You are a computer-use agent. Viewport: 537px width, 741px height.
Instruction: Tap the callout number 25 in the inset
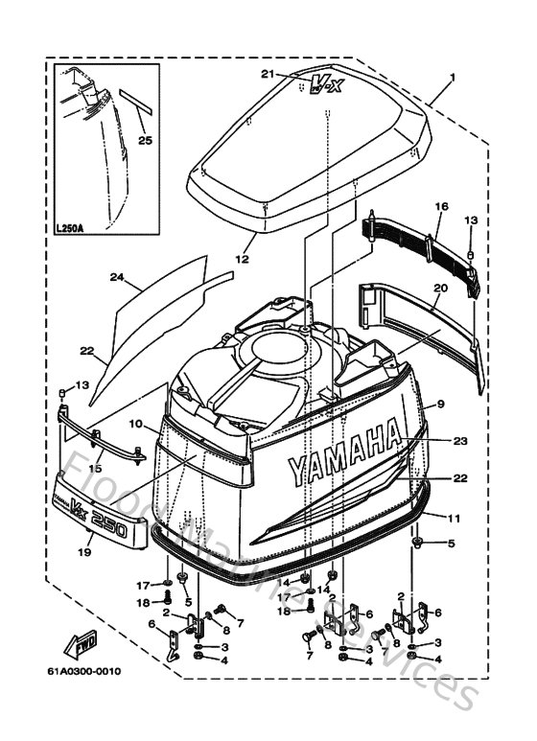(x=145, y=141)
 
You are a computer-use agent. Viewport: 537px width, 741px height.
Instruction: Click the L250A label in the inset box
(x=68, y=229)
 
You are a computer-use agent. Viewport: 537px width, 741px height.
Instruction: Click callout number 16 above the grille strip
(x=440, y=206)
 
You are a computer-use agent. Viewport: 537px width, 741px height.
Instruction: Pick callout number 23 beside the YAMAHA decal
(x=459, y=442)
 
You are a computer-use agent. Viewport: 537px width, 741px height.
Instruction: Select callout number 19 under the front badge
(x=85, y=552)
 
